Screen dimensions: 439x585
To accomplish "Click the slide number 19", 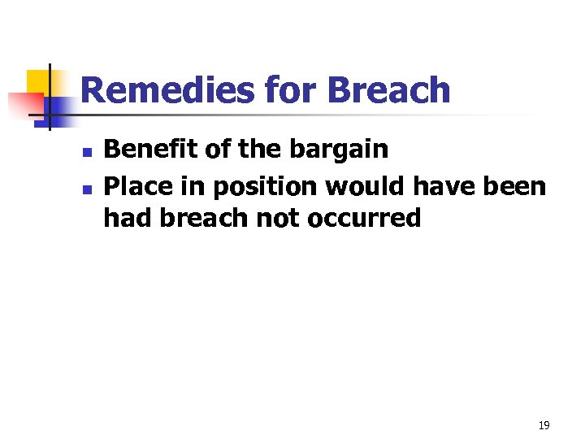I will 544,425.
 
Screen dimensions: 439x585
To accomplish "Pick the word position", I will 264,186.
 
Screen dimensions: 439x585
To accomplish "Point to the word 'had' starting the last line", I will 125,218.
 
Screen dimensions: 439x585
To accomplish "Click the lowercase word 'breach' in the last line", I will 206,218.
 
